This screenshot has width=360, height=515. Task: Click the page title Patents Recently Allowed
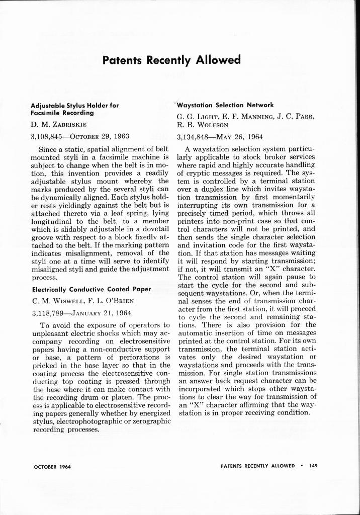click(171, 60)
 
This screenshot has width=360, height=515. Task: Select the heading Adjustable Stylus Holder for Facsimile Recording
click(75, 109)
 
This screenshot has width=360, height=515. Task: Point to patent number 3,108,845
click(49, 136)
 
